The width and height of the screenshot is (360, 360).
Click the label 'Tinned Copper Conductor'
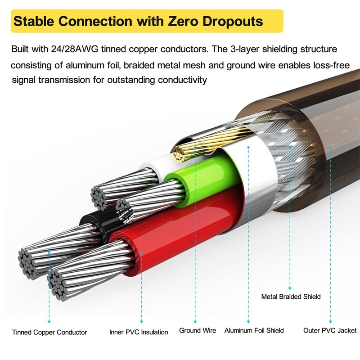pos(49,332)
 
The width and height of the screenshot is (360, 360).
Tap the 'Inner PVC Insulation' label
pos(139,332)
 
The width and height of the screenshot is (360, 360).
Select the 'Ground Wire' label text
pos(198,330)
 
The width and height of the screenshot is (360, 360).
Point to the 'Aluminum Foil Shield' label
pos(254,330)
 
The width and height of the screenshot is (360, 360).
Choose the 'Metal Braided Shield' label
pos(291,297)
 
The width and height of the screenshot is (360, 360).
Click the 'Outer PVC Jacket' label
pos(330,330)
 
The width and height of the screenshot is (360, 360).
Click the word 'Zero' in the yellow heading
pos(183,21)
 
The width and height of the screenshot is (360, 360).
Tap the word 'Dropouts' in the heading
pos(233,22)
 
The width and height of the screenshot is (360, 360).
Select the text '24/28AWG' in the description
pos(75,49)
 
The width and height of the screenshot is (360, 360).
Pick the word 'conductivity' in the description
pos(182,80)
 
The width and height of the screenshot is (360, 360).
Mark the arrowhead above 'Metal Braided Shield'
pos(290,288)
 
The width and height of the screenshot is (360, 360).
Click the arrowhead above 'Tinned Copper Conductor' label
pos(49,322)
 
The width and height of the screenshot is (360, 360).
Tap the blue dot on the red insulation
pos(141,253)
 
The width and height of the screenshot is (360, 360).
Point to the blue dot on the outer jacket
pos(330,147)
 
